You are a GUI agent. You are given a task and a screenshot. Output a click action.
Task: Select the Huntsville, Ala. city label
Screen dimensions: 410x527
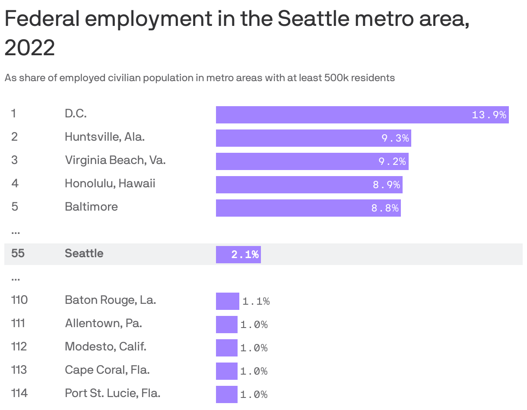(105, 137)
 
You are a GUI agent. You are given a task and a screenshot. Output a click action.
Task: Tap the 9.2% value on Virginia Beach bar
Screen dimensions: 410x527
(392, 161)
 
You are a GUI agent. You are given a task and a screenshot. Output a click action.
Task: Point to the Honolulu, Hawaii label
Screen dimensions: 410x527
(110, 183)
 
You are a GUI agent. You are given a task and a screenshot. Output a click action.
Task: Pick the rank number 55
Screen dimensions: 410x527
(18, 253)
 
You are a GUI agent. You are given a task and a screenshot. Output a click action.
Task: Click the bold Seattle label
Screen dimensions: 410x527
(84, 253)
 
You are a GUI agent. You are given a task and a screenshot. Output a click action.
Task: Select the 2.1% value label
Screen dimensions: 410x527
(245, 255)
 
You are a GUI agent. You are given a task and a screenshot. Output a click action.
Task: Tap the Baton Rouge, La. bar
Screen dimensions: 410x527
(227, 301)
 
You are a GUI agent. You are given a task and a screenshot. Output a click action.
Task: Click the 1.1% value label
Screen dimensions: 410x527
(256, 302)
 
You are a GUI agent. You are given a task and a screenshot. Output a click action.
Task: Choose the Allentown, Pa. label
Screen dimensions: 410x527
(103, 323)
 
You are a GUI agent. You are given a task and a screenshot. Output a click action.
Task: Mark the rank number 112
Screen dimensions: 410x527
(19, 347)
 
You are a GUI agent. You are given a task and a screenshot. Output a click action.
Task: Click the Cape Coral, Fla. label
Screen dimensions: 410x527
(107, 370)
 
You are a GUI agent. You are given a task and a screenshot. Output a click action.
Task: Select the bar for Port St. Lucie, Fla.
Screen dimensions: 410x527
(226, 394)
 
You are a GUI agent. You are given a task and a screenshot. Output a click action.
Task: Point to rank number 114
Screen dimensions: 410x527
(19, 393)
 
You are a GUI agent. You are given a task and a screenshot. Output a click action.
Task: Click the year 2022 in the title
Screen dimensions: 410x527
(30, 47)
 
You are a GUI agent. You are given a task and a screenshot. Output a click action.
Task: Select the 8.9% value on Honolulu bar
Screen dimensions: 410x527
(387, 185)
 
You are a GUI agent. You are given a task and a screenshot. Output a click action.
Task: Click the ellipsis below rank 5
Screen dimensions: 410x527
(16, 232)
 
